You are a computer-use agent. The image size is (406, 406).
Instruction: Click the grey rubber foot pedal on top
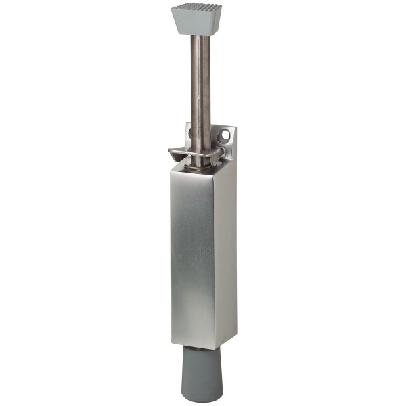coord(198,19)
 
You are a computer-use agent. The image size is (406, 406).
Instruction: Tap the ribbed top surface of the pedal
coord(198,10)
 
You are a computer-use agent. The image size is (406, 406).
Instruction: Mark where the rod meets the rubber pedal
coord(200,36)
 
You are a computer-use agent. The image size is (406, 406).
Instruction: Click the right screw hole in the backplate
coord(222,137)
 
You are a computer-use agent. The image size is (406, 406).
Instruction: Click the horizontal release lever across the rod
coord(196,152)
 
